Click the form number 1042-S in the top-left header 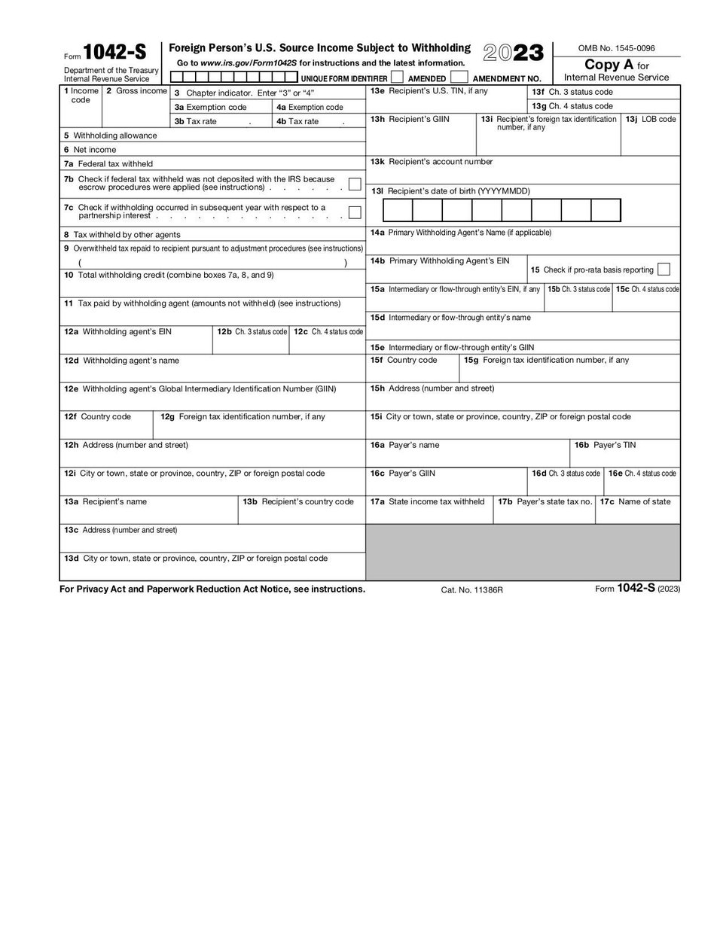tap(114, 52)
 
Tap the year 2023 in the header tap(513, 53)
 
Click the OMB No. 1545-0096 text tap(616, 48)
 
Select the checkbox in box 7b tap(355, 184)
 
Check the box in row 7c tap(355, 212)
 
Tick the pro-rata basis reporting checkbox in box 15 tap(664, 270)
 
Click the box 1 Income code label tap(81, 96)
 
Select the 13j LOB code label tap(653, 119)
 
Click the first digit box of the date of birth tap(398, 210)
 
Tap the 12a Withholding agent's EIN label tap(117, 331)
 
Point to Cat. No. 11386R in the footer tap(471, 590)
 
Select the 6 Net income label tap(90, 150)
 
